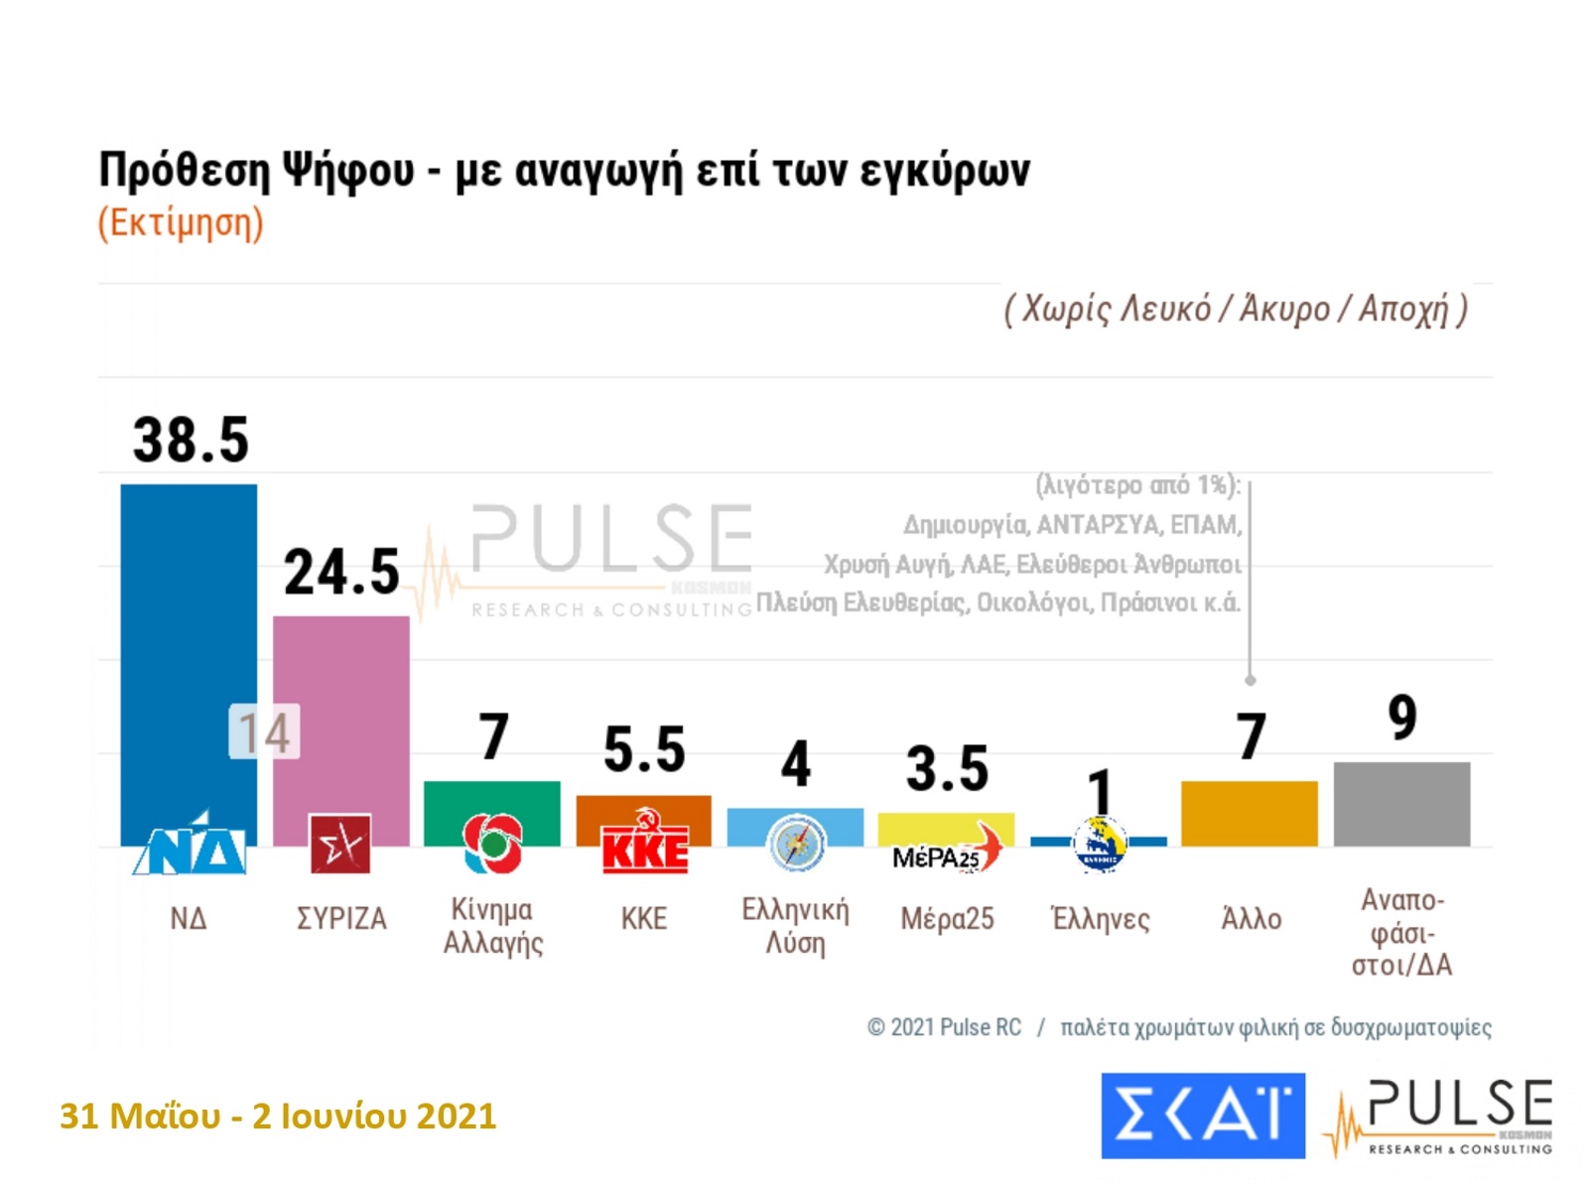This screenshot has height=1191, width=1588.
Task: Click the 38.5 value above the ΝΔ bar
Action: pos(191,440)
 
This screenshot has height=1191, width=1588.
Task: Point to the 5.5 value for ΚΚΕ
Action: pos(644,749)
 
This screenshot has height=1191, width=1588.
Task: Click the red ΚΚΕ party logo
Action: pos(644,844)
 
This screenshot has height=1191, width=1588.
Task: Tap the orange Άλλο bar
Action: pos(1249,814)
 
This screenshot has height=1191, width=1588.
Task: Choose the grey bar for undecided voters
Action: pos(1401,804)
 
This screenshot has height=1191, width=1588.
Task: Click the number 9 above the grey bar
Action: pos(1401,718)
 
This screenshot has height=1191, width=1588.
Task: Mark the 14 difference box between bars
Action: pos(264,732)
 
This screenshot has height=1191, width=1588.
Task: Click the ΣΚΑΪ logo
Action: pos(1203,1116)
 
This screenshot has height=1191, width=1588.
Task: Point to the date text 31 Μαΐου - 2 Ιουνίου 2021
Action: pos(278,1117)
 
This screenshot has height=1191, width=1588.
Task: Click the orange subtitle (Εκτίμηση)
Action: pos(181,222)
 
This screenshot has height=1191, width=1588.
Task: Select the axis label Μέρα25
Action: pos(947,919)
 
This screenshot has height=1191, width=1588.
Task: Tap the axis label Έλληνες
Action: pos(1100,919)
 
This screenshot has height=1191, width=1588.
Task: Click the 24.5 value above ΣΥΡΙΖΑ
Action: pos(341,573)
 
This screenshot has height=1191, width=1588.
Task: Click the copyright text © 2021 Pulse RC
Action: pos(944,1027)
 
